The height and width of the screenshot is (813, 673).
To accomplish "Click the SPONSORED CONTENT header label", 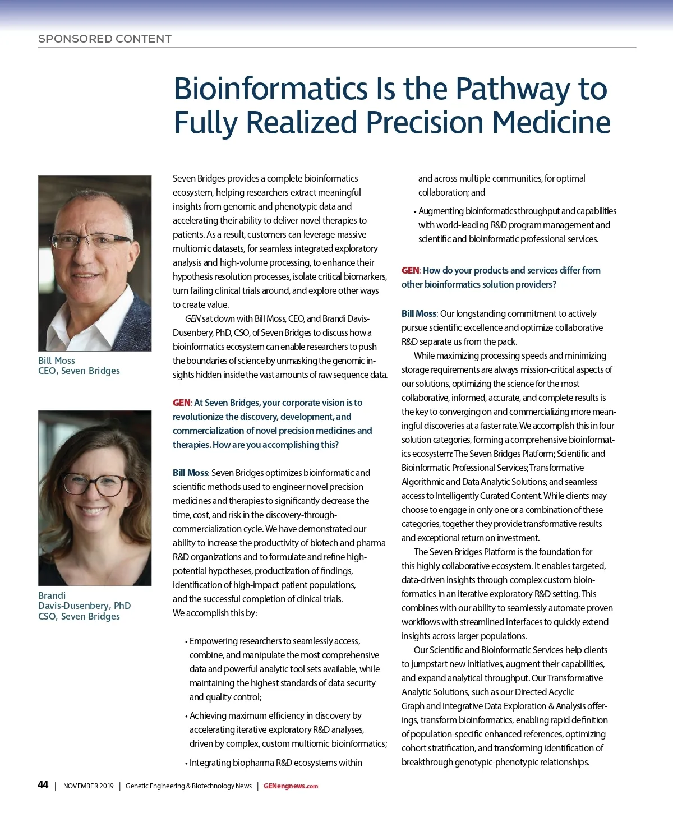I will pos(105,39).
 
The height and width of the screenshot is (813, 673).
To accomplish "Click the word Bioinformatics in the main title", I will pos(270,89).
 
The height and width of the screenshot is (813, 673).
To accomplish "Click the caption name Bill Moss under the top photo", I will pos(57,361).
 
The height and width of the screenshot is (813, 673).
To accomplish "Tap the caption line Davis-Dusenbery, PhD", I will pos(84,606).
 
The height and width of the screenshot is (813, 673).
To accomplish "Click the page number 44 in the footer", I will pos(43,785).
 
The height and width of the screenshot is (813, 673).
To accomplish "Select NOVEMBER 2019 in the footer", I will pos(88,786).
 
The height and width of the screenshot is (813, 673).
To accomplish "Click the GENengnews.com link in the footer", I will pos(291,786).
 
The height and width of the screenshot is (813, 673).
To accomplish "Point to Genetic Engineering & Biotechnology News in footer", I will pos(188,786).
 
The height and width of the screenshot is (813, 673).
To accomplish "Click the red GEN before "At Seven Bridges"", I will pos(181,403).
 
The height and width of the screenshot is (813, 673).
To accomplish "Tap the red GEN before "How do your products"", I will pos(410,270).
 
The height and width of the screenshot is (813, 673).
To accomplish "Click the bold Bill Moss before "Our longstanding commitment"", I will pos(418,313).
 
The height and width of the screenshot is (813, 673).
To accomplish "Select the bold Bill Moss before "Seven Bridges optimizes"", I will pos(190,473).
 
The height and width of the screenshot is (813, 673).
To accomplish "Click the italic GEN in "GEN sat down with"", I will pos(192,318).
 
